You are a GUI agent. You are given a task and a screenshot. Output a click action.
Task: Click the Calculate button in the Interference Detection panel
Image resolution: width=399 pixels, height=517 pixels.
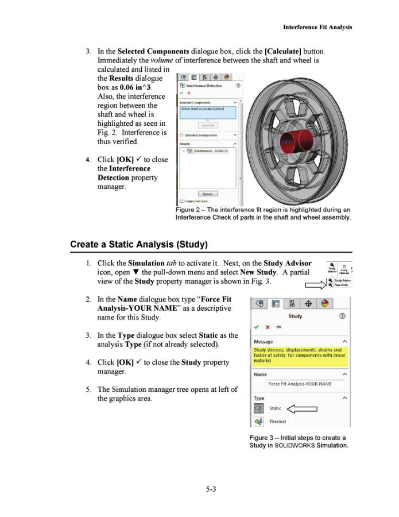pyautogui.click(x=207, y=125)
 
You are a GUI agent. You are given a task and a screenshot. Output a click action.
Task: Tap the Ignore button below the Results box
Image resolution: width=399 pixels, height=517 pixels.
pyautogui.click(x=207, y=194)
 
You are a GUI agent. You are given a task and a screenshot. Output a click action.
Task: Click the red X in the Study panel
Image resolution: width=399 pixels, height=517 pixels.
pyautogui.click(x=268, y=327)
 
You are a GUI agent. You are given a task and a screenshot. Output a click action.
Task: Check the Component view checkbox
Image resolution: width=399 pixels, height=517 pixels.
pyautogui.click(x=182, y=201)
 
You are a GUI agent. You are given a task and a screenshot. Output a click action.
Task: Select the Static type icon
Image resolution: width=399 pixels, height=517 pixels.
pyautogui.click(x=259, y=408)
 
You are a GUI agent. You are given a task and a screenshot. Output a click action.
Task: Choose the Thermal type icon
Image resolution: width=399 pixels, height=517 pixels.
pyautogui.click(x=259, y=422)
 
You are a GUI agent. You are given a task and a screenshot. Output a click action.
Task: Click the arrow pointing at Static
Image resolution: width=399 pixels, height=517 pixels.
pyautogui.click(x=301, y=409)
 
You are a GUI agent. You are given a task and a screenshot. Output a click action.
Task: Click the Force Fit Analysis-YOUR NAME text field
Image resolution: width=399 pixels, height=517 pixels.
pyautogui.click(x=305, y=384)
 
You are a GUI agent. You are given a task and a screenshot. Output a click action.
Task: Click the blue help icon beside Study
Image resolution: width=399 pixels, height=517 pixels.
pyautogui.click(x=342, y=316)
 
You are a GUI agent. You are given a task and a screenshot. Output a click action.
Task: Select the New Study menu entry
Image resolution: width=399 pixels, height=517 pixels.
pyautogui.click(x=342, y=285)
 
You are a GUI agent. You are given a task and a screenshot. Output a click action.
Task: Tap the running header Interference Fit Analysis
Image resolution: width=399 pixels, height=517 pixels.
pyautogui.click(x=317, y=27)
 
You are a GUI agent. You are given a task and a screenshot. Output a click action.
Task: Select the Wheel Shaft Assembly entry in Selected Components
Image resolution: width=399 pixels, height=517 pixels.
pyautogui.click(x=207, y=109)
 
